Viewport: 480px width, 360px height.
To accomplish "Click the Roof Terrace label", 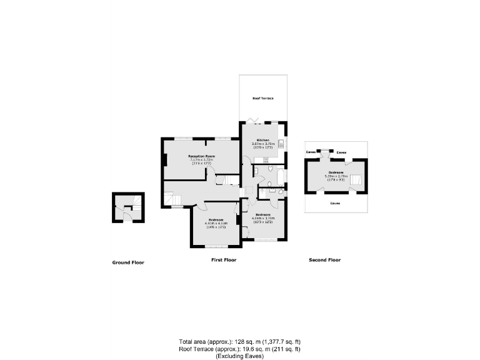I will tap(262, 99).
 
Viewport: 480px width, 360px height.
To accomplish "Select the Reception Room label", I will tap(202, 156).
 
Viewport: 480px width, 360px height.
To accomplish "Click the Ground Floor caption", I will tap(128, 262).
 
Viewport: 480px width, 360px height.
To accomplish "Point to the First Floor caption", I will tap(224, 259).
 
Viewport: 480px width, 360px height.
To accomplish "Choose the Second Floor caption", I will tap(325, 259).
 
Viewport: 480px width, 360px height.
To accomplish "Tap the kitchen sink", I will tap(282, 144).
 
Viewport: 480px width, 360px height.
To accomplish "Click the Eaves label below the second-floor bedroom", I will tap(335, 203).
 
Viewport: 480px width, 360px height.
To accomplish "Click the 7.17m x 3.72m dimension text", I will tap(202, 160).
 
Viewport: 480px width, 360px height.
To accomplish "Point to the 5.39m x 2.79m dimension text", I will tap(336, 176).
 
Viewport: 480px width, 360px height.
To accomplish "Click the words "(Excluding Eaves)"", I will tap(240, 356).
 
